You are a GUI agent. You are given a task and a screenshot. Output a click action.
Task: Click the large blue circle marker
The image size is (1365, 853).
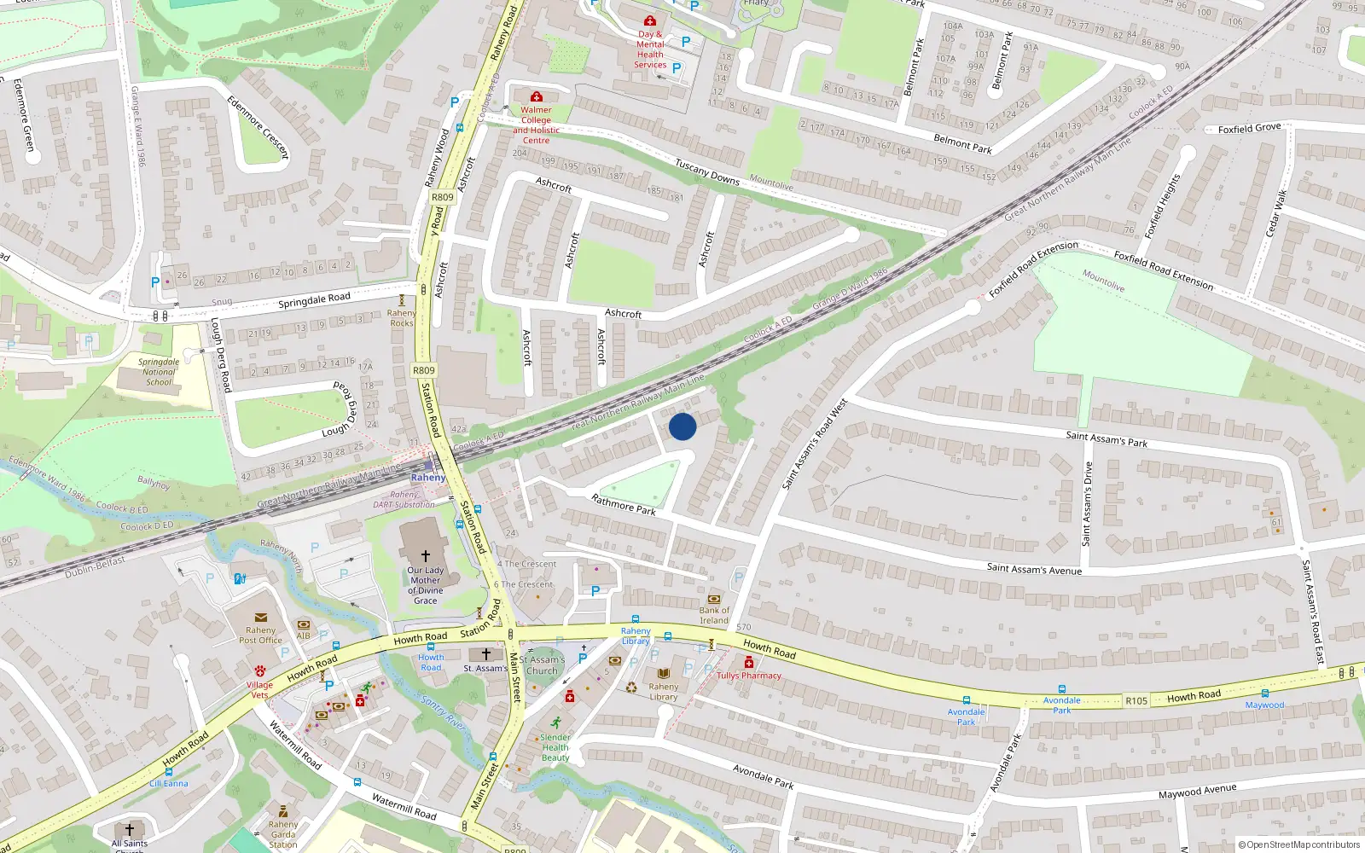point(682,426)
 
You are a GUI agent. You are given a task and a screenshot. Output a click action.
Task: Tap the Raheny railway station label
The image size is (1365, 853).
point(428,478)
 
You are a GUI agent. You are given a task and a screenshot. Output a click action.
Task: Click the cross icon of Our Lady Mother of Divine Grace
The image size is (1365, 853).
point(426,555)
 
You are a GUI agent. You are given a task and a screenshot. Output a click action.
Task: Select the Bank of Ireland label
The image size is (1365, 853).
point(714,615)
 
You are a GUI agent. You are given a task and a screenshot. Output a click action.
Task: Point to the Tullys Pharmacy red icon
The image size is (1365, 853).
point(748,663)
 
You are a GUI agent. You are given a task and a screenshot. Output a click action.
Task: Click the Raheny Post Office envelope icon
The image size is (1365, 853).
point(261,618)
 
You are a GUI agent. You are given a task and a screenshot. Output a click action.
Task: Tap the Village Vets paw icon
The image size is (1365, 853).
point(259,670)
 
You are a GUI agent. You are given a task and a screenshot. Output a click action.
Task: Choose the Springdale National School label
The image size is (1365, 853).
point(159,372)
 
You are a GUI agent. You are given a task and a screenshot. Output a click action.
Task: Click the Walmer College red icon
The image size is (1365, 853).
point(537,97)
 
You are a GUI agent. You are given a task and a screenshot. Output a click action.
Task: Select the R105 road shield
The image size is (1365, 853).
point(1136,700)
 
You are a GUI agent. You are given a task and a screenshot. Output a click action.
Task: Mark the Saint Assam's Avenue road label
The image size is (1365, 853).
point(1034,569)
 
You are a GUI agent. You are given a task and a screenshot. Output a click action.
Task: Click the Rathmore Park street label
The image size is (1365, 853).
point(624,505)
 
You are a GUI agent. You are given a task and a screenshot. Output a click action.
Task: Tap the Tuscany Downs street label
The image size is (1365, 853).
point(706,172)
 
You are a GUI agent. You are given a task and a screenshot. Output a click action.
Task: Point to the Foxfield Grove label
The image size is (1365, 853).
point(1249,129)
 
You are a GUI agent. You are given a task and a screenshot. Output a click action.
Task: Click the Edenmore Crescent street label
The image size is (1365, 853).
point(258,127)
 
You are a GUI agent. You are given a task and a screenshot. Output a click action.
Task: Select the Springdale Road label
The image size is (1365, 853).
point(314,300)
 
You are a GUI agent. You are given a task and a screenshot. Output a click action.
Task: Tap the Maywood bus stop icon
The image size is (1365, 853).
point(1264,693)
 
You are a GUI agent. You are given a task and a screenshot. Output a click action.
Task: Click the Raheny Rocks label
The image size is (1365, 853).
point(401,318)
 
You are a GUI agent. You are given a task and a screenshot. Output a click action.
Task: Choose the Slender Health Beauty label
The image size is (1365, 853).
point(555,747)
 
